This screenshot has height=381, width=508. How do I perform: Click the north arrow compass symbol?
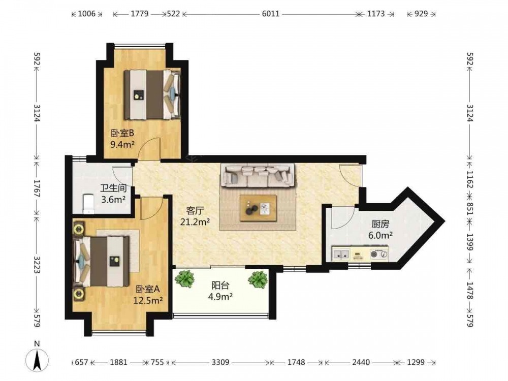click(37, 360)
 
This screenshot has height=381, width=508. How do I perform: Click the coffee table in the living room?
click(258, 208)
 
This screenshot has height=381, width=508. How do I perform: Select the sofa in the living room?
click(258, 175)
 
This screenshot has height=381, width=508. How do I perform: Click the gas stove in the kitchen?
click(379, 255)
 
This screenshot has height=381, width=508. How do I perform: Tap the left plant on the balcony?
click(184, 278)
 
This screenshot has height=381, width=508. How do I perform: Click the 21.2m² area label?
click(195, 222)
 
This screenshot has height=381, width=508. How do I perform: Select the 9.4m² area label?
click(122, 144)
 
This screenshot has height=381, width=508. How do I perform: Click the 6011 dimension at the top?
click(271, 14)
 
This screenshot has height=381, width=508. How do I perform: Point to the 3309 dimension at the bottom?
click(220, 362)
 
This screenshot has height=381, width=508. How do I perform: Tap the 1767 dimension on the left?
click(37, 188)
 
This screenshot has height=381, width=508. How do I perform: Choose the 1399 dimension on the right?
click(470, 242)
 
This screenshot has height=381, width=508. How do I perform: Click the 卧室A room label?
click(147, 289)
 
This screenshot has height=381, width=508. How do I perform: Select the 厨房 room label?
click(380, 224)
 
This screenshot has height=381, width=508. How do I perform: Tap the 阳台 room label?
click(220, 285)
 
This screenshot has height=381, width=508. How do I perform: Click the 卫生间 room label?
click(113, 188)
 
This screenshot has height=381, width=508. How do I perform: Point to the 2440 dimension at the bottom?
click(361, 362)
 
